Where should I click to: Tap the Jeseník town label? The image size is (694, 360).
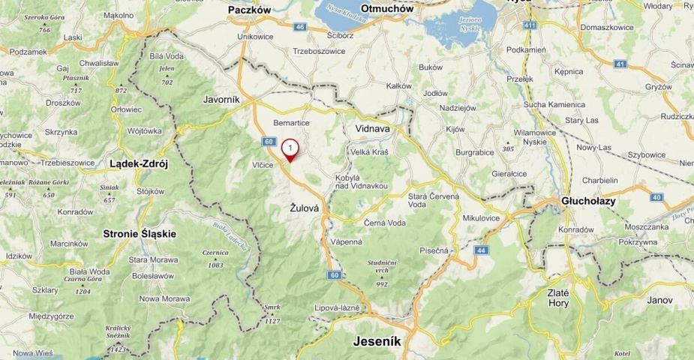[x=377, y=341]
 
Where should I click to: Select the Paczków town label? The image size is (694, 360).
[x=254, y=10]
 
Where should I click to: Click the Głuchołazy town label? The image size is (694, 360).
[x=588, y=201]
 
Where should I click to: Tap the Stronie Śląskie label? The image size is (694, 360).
[x=140, y=233]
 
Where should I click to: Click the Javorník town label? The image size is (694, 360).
[x=221, y=98]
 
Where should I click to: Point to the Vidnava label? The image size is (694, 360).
[x=372, y=128]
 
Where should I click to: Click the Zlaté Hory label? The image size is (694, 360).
[x=558, y=298]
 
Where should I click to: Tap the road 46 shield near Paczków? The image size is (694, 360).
[x=300, y=27]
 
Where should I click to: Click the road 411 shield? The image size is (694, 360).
[x=530, y=25]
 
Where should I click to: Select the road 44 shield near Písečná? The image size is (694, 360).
[x=481, y=250]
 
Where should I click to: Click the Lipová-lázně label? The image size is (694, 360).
[x=337, y=307]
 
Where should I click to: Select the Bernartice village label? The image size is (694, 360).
[x=292, y=122]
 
